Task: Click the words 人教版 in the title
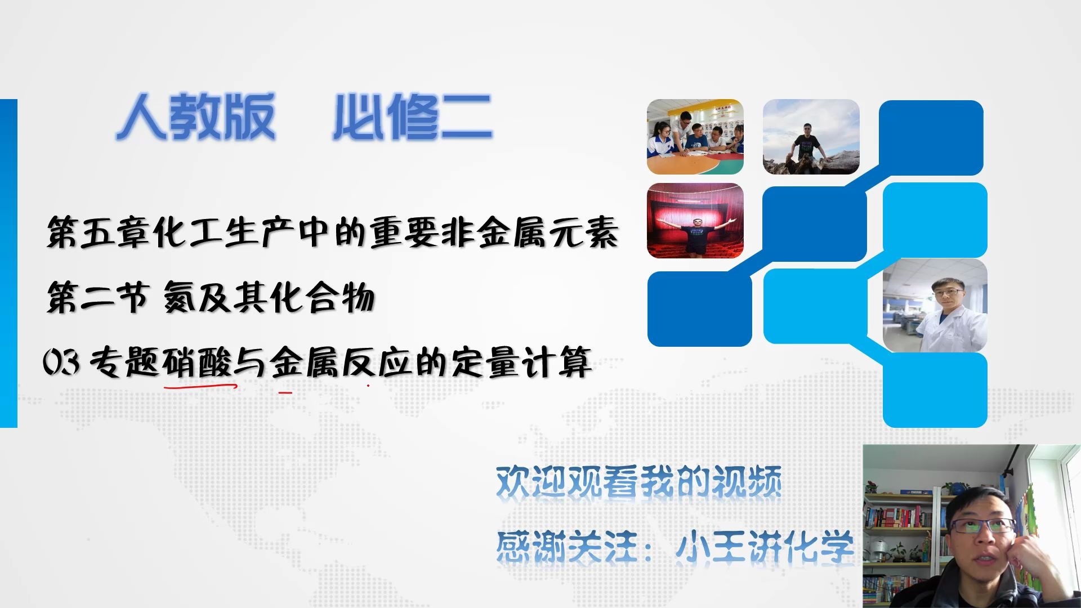point(195,117)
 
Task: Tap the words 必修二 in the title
point(412,117)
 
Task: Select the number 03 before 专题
point(61,362)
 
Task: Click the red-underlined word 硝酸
point(198,362)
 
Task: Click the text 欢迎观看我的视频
point(638,483)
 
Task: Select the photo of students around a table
point(695,137)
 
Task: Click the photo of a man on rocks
point(811,137)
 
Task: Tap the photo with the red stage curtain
point(695,221)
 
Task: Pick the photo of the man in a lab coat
point(935,306)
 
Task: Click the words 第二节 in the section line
point(97,297)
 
